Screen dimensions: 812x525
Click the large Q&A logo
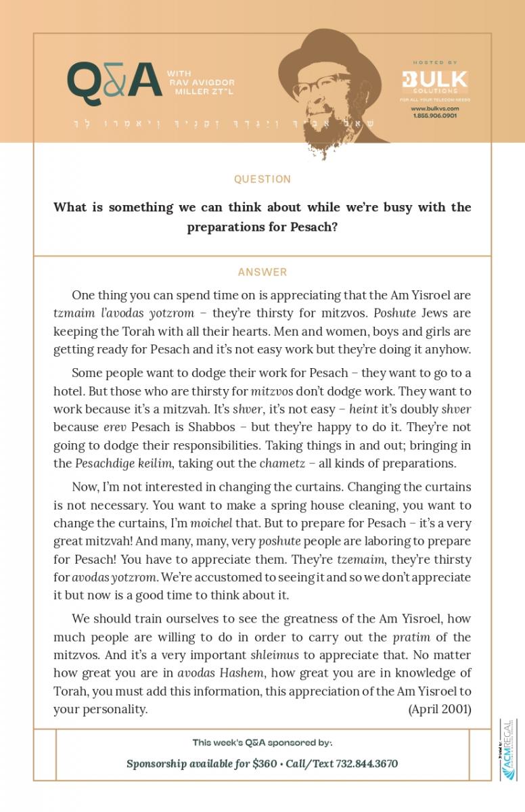tap(114, 81)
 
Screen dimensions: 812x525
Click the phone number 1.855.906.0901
tap(434, 116)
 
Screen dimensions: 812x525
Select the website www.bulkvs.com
tap(434, 108)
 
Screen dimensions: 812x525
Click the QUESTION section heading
tap(262, 179)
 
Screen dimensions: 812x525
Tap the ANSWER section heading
tap(262, 272)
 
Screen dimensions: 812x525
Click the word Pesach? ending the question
tap(314, 227)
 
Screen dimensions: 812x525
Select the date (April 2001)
tap(440, 708)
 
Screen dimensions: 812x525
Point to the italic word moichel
tap(211, 523)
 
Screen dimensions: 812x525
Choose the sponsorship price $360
tap(265, 763)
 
